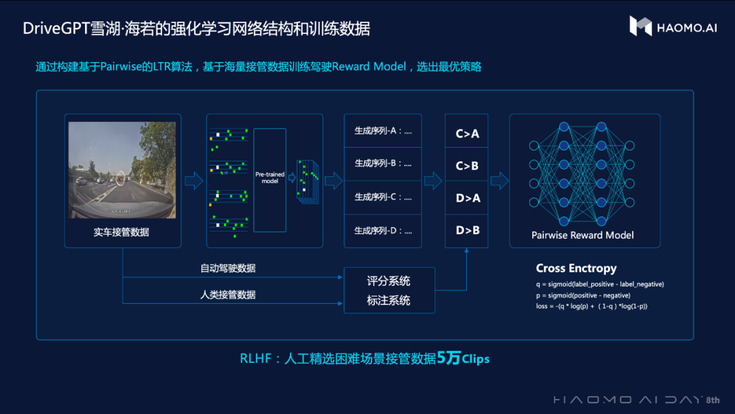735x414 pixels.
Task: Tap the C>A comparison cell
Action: click(467, 133)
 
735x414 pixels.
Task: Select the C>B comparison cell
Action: click(467, 165)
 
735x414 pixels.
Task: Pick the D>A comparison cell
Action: click(467, 197)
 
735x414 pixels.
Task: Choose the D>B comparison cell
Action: click(467, 230)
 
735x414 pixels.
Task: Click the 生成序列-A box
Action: click(383, 131)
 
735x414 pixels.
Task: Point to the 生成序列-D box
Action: click(383, 231)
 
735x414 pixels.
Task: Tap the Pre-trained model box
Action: click(269, 179)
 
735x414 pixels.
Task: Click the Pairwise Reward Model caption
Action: click(583, 235)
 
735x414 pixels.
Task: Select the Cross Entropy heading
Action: click(576, 268)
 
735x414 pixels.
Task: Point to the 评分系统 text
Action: click(389, 281)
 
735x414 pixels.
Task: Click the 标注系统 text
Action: click(389, 300)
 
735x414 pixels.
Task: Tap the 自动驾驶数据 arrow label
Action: click(228, 268)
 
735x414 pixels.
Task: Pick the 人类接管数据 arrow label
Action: click(228, 295)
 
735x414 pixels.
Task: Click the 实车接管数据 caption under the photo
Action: click(121, 232)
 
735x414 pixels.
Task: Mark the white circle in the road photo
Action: click(120, 178)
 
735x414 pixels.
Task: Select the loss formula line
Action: click(591, 306)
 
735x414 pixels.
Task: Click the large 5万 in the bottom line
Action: click(448, 357)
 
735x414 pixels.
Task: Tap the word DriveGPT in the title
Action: click(53, 29)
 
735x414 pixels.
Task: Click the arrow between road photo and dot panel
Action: click(194, 180)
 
